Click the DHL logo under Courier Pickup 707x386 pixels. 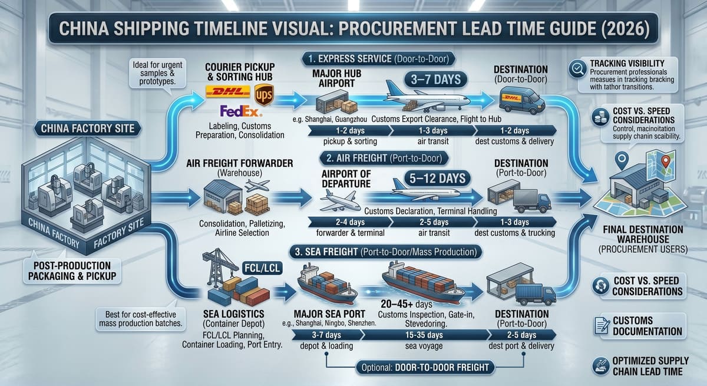tap(227, 91)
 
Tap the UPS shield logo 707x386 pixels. tap(264, 95)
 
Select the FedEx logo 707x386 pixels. tap(241, 111)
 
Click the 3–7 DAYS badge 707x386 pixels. tap(435, 80)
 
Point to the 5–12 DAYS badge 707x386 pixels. tap(437, 179)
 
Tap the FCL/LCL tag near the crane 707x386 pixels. tap(262, 268)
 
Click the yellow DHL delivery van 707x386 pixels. tap(522, 100)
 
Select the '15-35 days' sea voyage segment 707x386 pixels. tap(424, 335)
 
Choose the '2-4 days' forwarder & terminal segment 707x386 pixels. tap(350, 222)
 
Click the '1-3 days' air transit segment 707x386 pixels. tap(432, 130)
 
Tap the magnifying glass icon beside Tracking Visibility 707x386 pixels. tap(577, 69)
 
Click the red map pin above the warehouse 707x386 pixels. tap(665, 161)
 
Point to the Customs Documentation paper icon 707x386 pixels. tap(602, 326)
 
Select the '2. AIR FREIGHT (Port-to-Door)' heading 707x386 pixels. tap(384, 158)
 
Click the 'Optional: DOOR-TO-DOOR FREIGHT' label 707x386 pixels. tap(425, 367)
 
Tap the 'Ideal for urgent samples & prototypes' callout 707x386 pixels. tap(157, 73)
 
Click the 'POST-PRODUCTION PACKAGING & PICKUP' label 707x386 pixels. tap(72, 271)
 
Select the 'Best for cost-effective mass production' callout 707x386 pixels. tap(140, 319)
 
